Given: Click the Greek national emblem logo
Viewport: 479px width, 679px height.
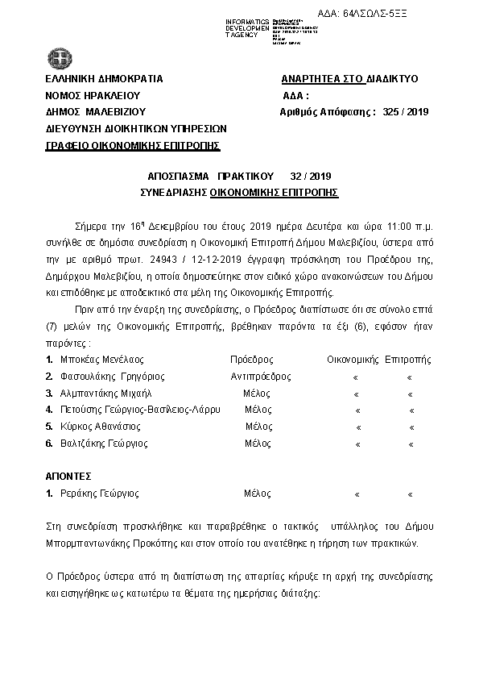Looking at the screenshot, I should [59, 58].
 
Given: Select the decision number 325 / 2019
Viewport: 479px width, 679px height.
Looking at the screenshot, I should [406, 112].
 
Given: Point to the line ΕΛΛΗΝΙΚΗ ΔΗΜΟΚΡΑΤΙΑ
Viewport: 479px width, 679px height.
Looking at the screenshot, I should [105, 79].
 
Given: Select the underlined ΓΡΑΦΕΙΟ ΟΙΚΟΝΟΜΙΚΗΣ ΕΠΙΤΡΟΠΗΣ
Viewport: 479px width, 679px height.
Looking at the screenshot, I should [133, 145].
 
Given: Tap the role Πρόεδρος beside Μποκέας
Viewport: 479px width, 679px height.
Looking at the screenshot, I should [252, 360].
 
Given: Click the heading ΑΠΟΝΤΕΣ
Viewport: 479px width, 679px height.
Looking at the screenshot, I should [68, 477].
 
